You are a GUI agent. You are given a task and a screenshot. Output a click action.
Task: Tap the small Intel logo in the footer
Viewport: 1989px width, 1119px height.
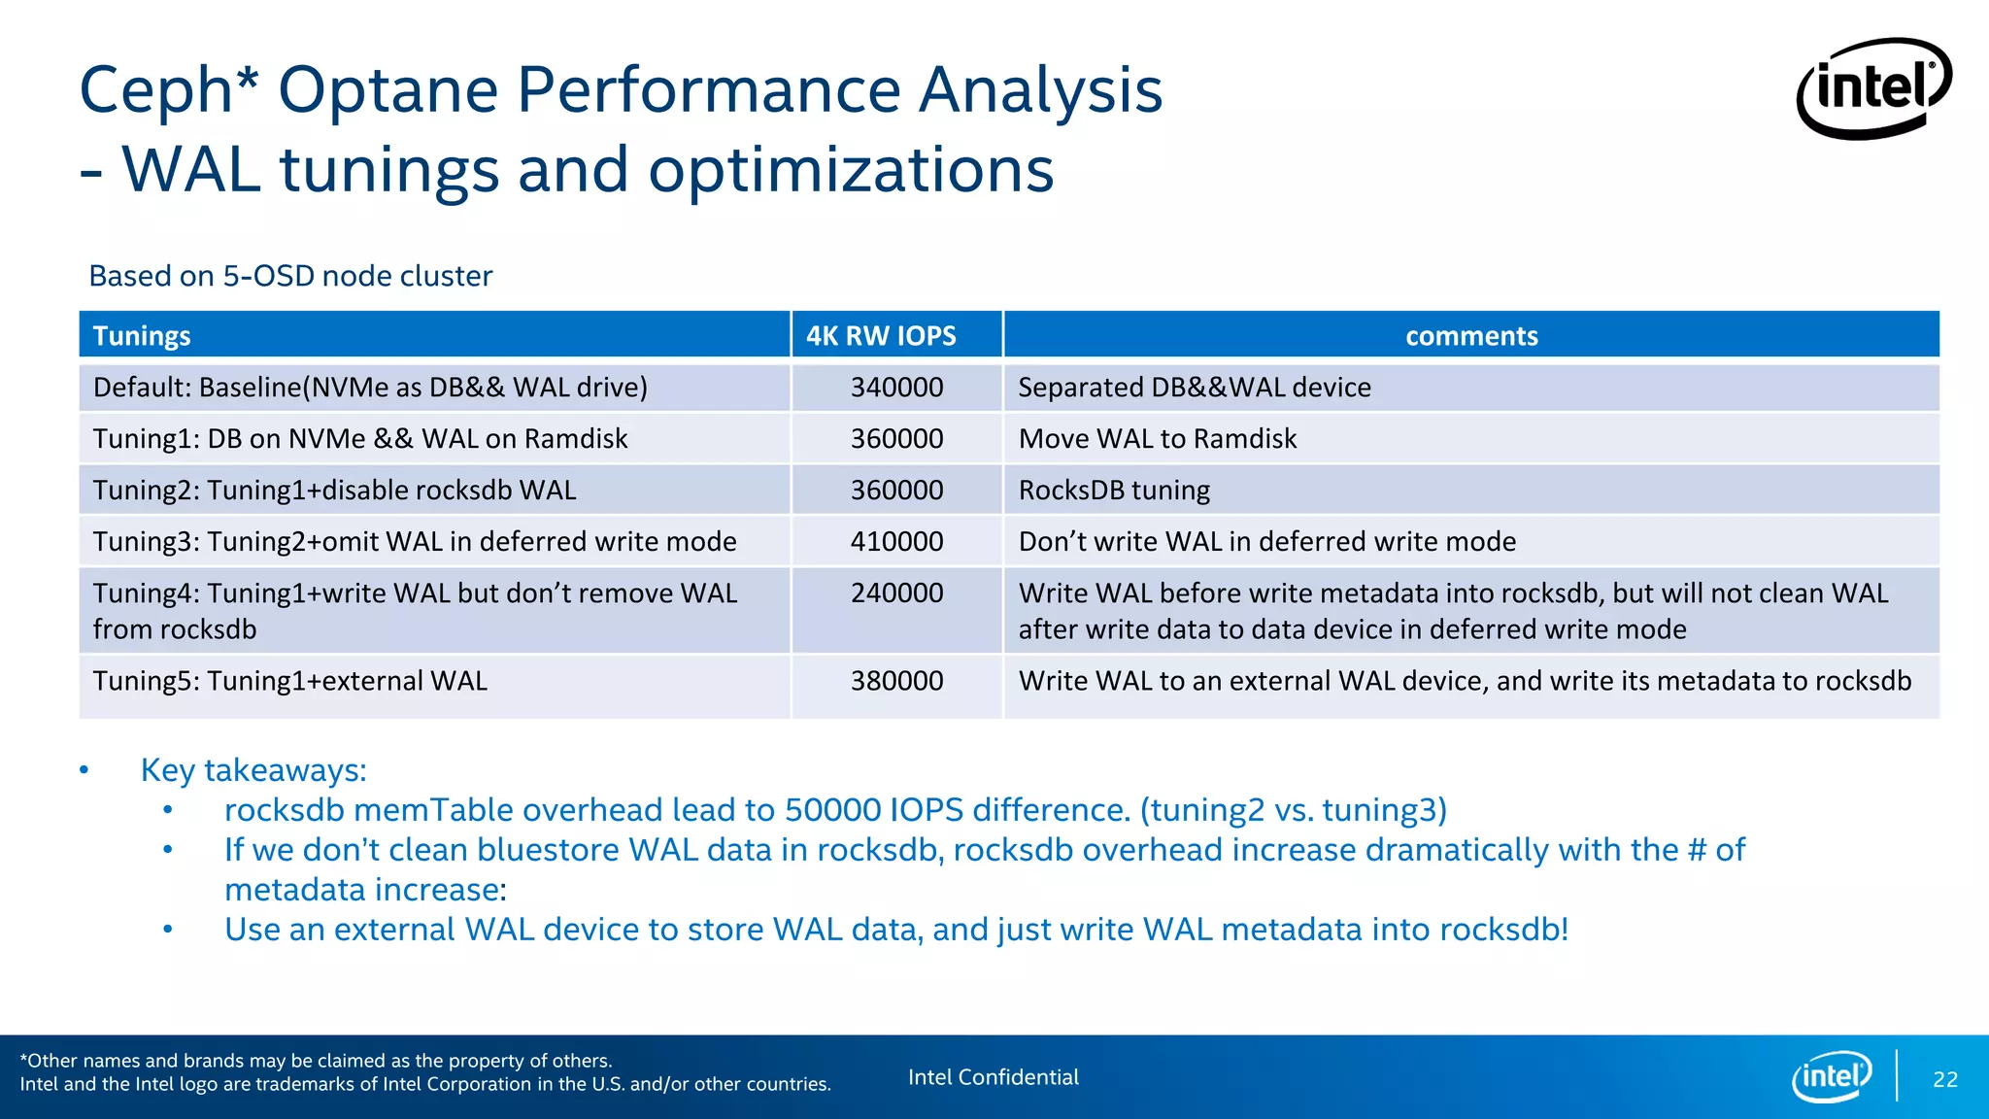[1831, 1076]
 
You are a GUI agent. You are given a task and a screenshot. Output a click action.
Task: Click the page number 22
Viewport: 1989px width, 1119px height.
[1944, 1079]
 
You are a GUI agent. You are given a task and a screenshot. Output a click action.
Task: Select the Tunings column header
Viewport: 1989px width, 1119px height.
[142, 336]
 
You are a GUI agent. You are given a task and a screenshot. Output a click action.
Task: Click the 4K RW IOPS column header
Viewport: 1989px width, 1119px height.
[881, 336]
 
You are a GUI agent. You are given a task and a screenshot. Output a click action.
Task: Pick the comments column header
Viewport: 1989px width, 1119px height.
[1470, 336]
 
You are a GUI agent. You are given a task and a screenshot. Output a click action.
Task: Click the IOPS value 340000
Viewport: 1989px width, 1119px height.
[896, 388]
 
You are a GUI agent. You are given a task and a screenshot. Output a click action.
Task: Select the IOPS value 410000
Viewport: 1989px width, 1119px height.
[896, 542]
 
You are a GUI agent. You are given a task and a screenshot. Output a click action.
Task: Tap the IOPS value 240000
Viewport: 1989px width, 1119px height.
[896, 593]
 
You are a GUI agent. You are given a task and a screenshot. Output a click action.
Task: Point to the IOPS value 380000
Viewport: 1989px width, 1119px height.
[896, 681]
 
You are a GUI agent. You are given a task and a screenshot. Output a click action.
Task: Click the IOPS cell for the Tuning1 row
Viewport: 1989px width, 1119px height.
[896, 439]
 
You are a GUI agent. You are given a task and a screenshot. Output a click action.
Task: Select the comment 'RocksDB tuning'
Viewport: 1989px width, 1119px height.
[1114, 491]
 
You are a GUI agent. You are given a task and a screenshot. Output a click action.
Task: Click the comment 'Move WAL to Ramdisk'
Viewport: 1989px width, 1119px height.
[1157, 439]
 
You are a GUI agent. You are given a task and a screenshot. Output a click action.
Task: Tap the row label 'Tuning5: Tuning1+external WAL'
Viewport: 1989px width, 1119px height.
[289, 681]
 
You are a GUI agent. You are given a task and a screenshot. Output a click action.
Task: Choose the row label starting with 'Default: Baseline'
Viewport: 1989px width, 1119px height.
[370, 388]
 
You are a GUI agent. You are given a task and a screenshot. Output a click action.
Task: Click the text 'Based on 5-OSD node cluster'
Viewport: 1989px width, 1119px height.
[290, 276]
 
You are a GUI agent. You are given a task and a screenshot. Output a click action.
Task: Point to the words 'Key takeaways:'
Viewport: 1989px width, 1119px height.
[253, 770]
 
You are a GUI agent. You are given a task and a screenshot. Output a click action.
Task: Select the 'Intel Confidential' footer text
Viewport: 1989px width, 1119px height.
[993, 1077]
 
